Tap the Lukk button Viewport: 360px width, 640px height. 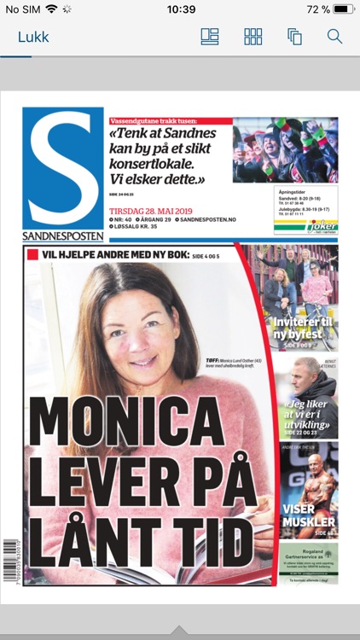click(x=33, y=37)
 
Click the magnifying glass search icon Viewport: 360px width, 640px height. click(x=334, y=37)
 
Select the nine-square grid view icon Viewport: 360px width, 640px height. click(x=253, y=37)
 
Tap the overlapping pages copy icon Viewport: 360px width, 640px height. click(x=295, y=37)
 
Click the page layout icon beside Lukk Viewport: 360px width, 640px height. click(x=210, y=37)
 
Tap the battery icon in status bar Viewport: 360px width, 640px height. click(x=343, y=9)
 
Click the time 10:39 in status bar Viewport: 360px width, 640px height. click(x=181, y=9)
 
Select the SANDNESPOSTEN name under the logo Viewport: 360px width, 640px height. click(x=63, y=236)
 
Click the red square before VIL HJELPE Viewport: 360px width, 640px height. click(x=33, y=254)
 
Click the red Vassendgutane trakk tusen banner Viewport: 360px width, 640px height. click(x=170, y=121)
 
